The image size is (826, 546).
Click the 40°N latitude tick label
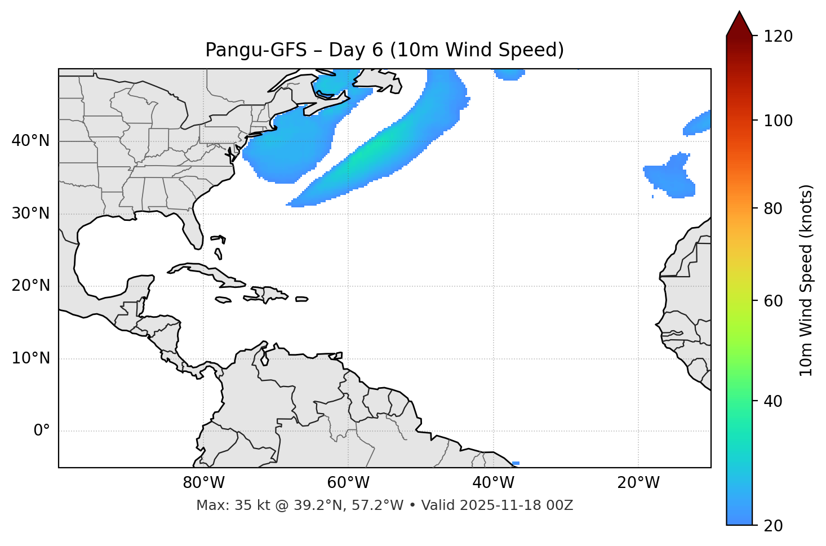pyautogui.click(x=30, y=141)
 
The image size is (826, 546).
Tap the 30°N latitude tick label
pyautogui.click(x=30, y=214)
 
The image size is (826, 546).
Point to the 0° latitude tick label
pyautogui.click(x=41, y=431)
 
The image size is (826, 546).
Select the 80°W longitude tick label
pyautogui.click(x=203, y=483)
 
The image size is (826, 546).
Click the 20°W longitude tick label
pyautogui.click(x=638, y=483)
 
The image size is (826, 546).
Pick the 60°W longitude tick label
pyautogui.click(x=348, y=483)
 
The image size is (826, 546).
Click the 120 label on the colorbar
pyautogui.click(x=778, y=37)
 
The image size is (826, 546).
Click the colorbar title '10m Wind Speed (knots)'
pyautogui.click(x=806, y=280)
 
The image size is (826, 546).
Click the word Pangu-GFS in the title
pyautogui.click(x=256, y=50)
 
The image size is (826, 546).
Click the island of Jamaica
pyautogui.click(x=223, y=300)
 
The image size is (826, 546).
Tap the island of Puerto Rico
pyautogui.click(x=302, y=299)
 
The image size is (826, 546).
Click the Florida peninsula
pyautogui.click(x=193, y=231)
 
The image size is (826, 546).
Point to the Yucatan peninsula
pyautogui.click(x=140, y=287)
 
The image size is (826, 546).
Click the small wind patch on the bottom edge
pyautogui.click(x=516, y=463)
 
